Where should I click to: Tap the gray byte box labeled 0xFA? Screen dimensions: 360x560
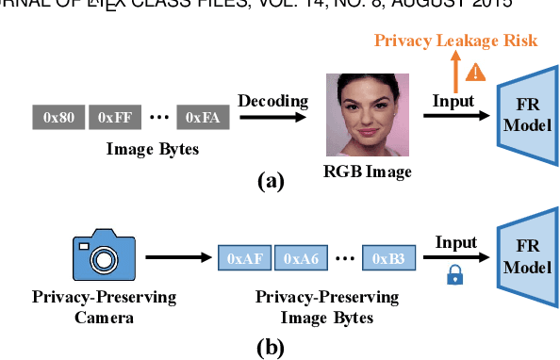tap(203, 118)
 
